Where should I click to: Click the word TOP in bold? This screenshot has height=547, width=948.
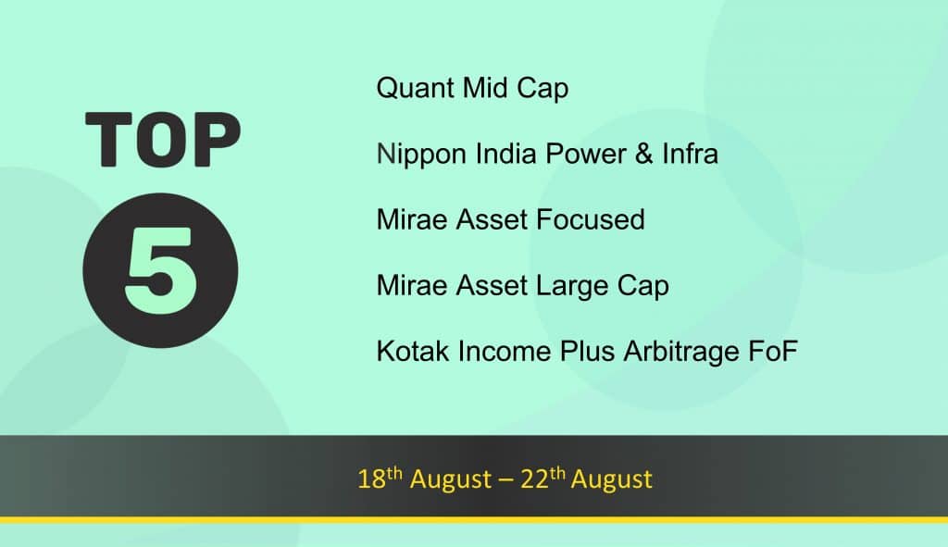pyautogui.click(x=163, y=139)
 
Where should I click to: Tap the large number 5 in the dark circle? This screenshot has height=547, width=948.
pyautogui.click(x=161, y=271)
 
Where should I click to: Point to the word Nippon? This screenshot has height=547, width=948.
pyautogui.click(x=421, y=155)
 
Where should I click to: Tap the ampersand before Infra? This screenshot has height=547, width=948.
pyautogui.click(x=644, y=154)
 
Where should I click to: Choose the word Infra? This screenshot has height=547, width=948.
pyautogui.click(x=690, y=154)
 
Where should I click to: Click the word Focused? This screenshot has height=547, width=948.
pyautogui.click(x=590, y=219)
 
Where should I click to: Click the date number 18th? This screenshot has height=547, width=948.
pyautogui.click(x=380, y=479)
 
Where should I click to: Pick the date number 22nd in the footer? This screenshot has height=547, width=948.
pyautogui.click(x=543, y=479)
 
